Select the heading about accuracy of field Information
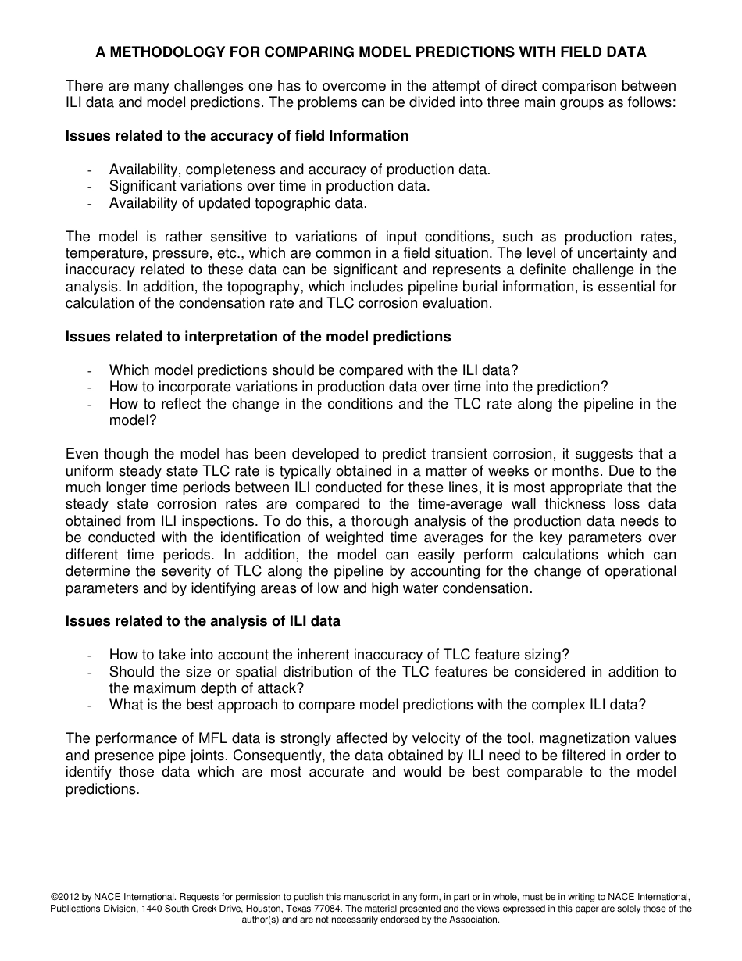click(237, 136)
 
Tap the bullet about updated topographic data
click(237, 203)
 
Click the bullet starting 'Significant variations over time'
click(269, 186)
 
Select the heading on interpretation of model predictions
click(258, 337)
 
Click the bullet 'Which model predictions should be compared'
click(312, 370)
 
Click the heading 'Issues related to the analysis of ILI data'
click(203, 621)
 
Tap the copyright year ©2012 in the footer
click(68, 897)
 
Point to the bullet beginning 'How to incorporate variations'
click(358, 387)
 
